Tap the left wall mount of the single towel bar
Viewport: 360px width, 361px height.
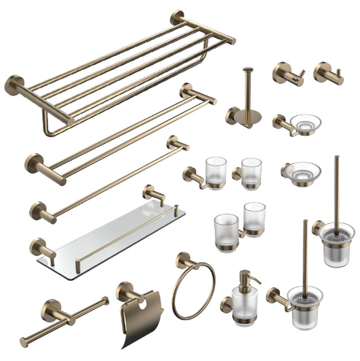[x=37, y=210]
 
